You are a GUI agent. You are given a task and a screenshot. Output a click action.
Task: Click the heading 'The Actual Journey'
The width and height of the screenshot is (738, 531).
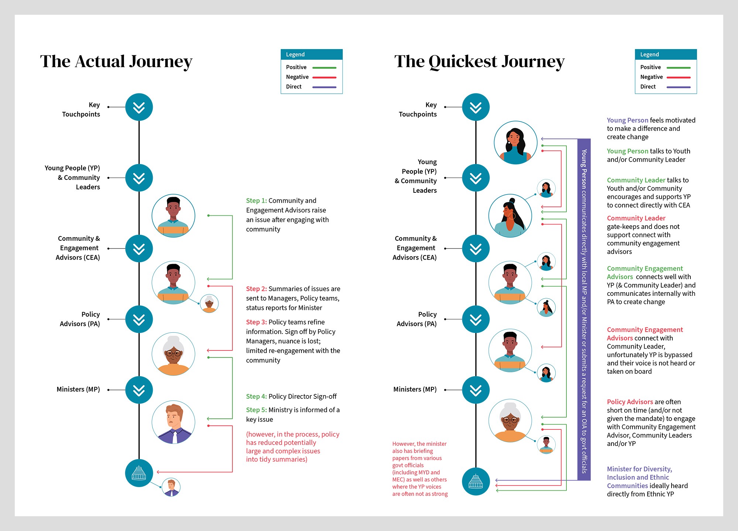click(116, 61)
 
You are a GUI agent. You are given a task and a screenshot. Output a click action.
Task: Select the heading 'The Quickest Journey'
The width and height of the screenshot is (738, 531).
click(479, 61)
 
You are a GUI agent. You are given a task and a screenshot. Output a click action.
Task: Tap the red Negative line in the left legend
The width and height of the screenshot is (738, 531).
click(324, 78)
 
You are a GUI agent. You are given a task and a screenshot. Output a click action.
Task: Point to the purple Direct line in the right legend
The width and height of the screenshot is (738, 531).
click(679, 88)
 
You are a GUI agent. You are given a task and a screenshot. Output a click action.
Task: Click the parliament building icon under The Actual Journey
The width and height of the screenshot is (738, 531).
click(139, 473)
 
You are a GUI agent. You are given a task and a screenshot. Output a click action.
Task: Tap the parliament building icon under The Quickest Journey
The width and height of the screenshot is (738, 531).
click(476, 482)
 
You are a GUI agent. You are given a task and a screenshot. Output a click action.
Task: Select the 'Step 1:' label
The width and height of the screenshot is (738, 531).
click(256, 201)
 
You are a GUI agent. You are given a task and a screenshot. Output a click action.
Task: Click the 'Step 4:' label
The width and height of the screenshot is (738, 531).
click(256, 396)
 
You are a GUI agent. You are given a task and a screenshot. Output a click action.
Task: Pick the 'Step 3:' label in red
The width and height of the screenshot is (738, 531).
click(256, 322)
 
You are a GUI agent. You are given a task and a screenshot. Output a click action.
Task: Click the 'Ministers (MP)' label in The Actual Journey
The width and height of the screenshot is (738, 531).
click(78, 389)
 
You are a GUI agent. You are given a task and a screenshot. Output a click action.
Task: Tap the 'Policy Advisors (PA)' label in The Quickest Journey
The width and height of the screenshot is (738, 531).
click(417, 319)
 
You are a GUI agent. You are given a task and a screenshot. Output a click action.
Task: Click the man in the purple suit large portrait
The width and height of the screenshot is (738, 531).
click(173, 422)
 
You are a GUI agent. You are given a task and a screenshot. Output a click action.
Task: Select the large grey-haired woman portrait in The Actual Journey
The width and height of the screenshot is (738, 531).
click(173, 354)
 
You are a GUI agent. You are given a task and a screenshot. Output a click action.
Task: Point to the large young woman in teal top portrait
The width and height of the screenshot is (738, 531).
click(515, 143)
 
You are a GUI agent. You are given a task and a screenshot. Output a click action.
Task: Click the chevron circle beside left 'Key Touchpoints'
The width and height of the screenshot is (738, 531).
click(139, 107)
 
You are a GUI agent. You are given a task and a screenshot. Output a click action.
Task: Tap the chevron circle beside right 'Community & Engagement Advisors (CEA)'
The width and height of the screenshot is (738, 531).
click(476, 249)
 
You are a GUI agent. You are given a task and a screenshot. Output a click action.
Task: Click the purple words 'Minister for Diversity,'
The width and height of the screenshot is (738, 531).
click(639, 469)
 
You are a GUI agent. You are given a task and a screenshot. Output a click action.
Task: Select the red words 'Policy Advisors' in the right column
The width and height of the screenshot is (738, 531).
click(630, 402)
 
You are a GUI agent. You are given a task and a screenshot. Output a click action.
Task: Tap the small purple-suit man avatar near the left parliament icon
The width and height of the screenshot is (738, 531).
click(171, 487)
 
